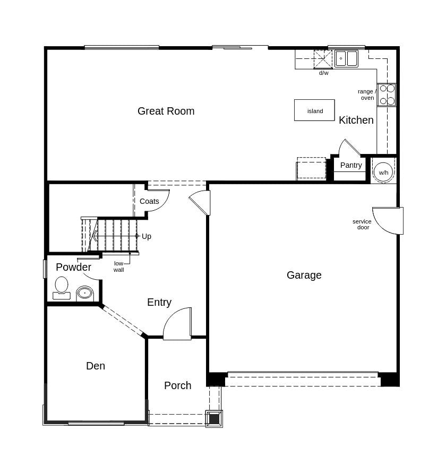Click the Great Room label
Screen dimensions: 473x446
(166, 111)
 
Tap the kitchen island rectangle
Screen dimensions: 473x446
(314, 110)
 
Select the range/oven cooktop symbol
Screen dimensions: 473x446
(387, 94)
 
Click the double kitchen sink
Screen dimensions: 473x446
(346, 58)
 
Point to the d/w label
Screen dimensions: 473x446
(323, 73)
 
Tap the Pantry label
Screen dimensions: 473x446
(351, 165)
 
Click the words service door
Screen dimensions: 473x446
(363, 225)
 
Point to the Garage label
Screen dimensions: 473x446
(304, 275)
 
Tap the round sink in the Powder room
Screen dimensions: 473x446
(84, 293)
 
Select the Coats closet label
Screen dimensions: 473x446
(149, 201)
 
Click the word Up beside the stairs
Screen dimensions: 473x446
(146, 236)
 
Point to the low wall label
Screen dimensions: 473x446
(118, 266)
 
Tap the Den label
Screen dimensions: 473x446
(96, 366)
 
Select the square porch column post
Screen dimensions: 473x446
(214, 418)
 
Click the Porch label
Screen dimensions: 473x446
(177, 385)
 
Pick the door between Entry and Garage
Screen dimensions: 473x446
(201, 202)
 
